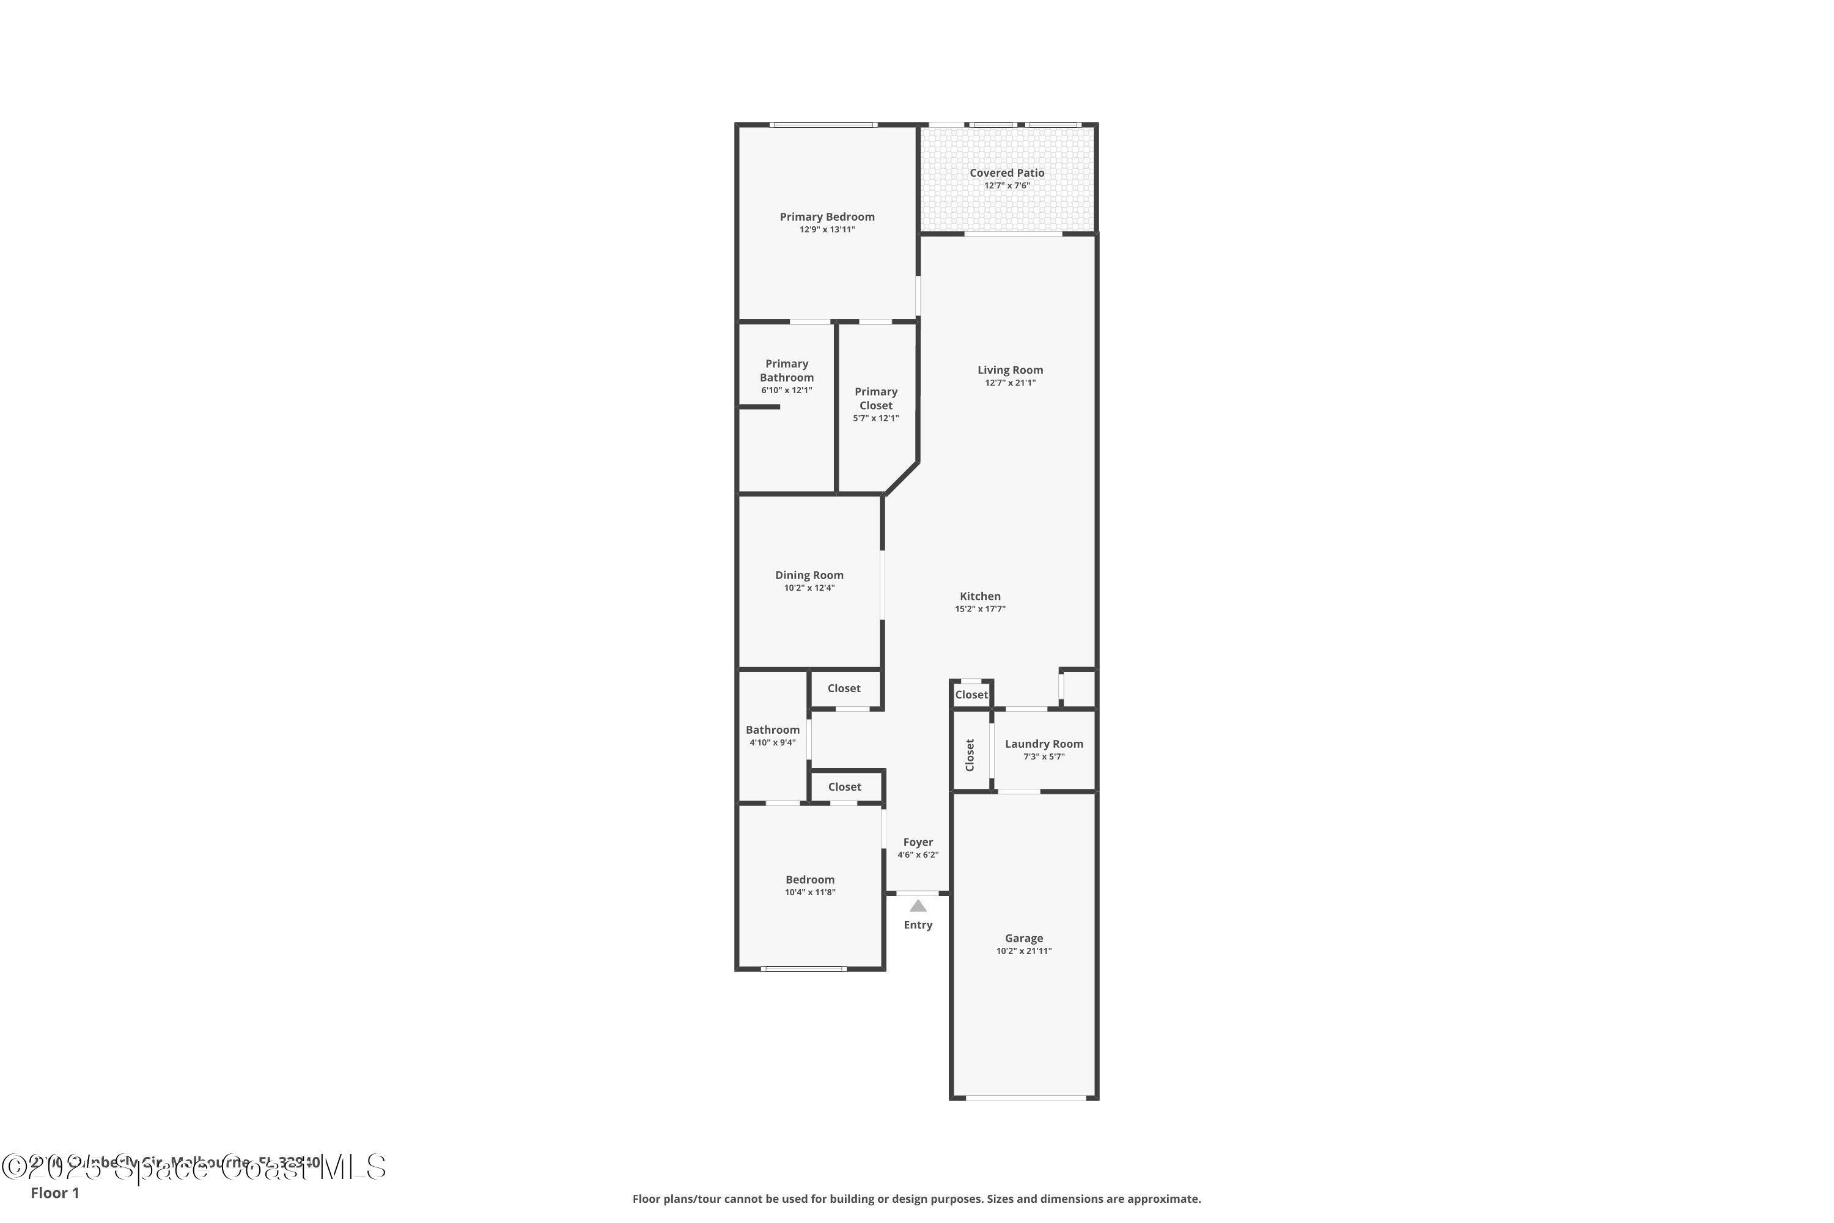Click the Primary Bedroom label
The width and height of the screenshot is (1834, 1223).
[x=827, y=217]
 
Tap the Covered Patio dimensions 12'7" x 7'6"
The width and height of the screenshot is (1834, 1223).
[x=1007, y=186]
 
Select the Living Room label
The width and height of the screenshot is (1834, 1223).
[x=1010, y=370]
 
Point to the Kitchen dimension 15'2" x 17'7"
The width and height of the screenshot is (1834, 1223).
[x=979, y=609]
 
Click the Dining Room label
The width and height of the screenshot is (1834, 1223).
[x=809, y=575]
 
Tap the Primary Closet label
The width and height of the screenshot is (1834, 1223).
[x=875, y=399]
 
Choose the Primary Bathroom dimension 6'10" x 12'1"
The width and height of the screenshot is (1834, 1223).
[x=786, y=390]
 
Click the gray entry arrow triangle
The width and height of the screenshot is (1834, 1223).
[x=918, y=906]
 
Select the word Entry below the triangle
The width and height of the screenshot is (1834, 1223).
[x=918, y=925]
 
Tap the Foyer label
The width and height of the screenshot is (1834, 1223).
[x=918, y=843]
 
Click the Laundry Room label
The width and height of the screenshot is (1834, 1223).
[x=1044, y=744]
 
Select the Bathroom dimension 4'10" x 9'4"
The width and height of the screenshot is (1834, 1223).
[x=772, y=742]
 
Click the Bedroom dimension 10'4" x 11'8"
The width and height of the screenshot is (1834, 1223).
[x=809, y=892]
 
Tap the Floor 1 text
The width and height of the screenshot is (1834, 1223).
[x=54, y=1192]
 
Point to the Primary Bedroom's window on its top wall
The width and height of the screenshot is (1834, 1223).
[x=823, y=125]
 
